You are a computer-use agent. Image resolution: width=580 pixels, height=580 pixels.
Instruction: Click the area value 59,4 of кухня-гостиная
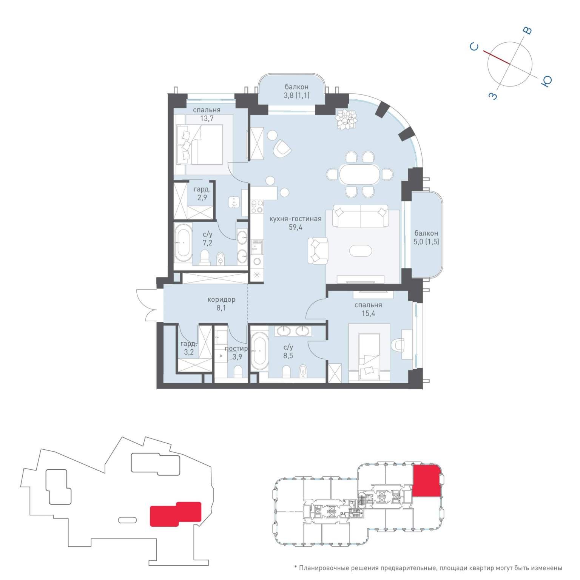295,227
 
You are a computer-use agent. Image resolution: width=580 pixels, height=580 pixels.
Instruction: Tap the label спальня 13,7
207,114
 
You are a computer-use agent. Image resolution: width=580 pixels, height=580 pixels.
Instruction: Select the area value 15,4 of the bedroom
368,313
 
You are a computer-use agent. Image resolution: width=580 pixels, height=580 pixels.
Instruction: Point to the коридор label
221,299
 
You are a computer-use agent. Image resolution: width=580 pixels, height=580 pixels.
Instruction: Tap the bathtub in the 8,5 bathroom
259,352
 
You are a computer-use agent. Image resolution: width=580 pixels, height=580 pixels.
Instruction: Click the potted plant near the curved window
346,119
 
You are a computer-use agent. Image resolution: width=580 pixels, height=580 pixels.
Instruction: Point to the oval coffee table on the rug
360,250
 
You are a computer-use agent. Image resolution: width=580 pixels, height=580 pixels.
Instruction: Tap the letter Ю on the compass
546,81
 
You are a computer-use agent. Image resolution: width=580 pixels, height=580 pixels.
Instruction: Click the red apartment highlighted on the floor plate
426,480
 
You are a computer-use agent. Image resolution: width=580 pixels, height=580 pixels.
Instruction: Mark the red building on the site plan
176,514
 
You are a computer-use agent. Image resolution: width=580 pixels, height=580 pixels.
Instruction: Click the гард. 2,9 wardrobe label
202,193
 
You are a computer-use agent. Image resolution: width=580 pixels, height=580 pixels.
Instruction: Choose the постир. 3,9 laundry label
236,353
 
